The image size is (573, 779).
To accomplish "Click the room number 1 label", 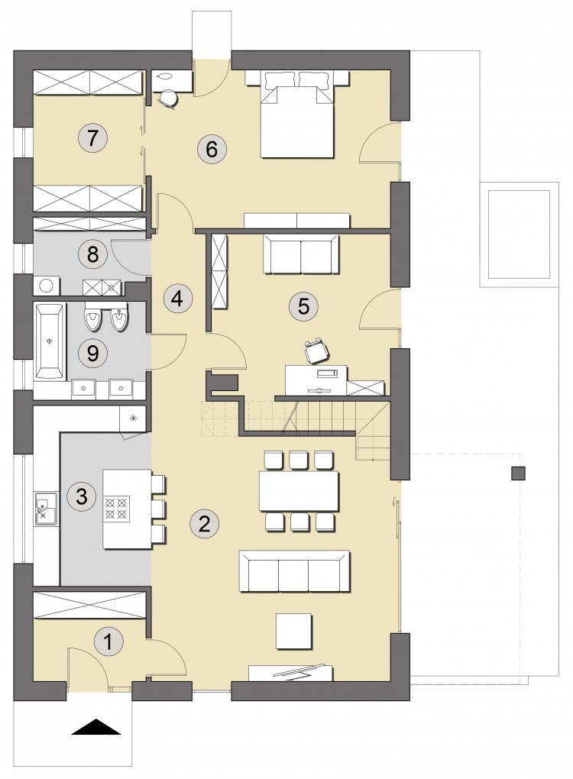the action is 108,642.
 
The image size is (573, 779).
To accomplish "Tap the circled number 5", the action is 303,306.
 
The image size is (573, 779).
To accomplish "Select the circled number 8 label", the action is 92,255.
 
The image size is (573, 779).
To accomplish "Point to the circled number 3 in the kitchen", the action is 82,496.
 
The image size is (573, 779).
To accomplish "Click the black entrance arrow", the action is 96,727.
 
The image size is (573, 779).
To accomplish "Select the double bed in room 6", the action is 297,115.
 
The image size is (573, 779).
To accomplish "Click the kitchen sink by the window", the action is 46,508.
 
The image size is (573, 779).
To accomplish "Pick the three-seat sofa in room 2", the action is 295,571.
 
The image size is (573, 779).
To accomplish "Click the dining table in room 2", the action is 299,491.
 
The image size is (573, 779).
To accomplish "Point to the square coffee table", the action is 294,631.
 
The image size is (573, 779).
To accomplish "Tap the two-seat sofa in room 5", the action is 302,254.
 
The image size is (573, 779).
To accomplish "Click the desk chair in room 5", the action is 316,351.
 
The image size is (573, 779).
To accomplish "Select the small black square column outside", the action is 518,473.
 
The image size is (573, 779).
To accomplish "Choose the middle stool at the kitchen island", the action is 158,508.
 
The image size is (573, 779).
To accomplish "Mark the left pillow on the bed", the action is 280,79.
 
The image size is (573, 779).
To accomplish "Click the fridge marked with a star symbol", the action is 133,418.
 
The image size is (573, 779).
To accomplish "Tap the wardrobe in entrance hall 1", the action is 89,605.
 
